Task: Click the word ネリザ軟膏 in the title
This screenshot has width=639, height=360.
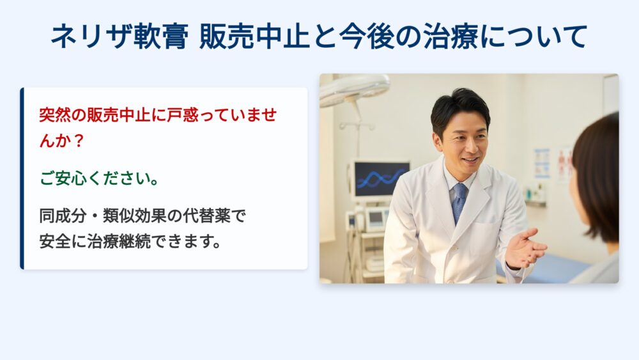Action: click(x=120, y=36)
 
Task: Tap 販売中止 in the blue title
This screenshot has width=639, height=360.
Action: click(x=254, y=36)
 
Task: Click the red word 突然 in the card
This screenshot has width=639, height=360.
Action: click(x=54, y=115)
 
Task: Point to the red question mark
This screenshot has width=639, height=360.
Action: click(x=79, y=141)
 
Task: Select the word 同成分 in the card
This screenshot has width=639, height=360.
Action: click(x=63, y=215)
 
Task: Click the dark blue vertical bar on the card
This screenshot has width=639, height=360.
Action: click(x=22, y=178)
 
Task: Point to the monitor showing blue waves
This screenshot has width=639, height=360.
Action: click(x=381, y=179)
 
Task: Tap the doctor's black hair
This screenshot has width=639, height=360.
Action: click(x=459, y=106)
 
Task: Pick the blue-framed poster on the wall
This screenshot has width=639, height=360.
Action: click(x=542, y=164)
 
